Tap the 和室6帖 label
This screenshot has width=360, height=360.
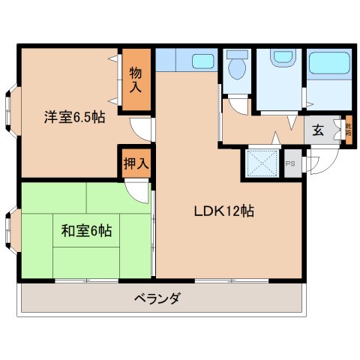point(86,231)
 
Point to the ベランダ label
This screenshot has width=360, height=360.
point(157,298)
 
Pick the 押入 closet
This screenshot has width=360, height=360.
point(135,163)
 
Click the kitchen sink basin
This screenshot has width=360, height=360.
point(202,60)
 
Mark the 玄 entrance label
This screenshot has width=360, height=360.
point(318,130)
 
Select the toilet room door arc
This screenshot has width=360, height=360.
point(236,106)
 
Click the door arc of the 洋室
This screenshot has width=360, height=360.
point(139,129)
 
